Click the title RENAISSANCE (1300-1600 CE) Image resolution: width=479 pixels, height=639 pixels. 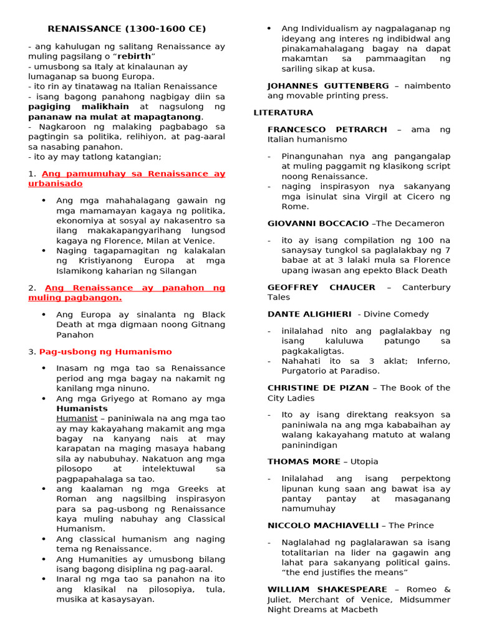tap(127, 29)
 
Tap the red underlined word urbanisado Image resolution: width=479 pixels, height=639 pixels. tap(56, 184)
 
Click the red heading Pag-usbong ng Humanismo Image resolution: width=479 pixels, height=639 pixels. tap(105, 352)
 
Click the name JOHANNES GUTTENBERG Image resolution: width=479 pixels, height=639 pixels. tap(328, 85)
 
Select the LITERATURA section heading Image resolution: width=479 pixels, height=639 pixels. tap(283, 113)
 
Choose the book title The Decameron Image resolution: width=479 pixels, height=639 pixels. tap(410, 223)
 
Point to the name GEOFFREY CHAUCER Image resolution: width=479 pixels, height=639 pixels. tap(321, 288)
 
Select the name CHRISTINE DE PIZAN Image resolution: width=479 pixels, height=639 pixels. tap(319, 388)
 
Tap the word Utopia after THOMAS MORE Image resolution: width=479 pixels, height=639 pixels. tap(365, 462)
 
